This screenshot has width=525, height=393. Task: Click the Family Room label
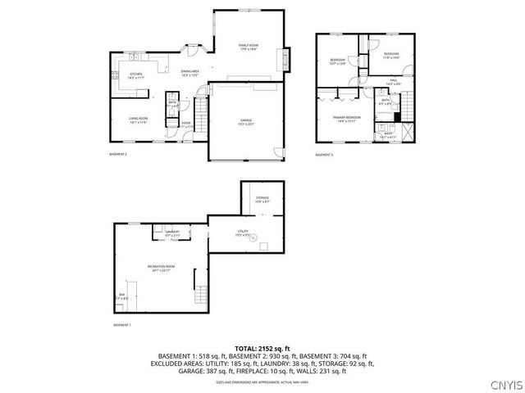tap(249, 47)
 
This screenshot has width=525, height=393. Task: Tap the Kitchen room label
tap(136, 75)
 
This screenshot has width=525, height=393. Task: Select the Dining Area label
tap(190, 74)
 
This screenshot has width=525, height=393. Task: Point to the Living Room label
tap(138, 120)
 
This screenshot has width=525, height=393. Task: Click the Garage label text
tap(246, 122)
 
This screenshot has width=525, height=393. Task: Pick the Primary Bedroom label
tap(345, 120)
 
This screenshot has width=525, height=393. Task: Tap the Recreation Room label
tap(159, 268)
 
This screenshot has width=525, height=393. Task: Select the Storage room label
tap(262, 199)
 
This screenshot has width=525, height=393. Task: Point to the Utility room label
tap(244, 233)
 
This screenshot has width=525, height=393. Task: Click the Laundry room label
tap(172, 233)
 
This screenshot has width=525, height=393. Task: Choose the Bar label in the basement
tap(122, 296)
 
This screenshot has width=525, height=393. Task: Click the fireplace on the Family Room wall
tap(285, 59)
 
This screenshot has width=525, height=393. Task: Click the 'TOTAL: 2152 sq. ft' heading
tap(262, 348)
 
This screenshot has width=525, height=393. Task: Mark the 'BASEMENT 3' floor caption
tap(324, 155)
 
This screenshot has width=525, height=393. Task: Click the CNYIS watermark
tap(504, 384)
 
